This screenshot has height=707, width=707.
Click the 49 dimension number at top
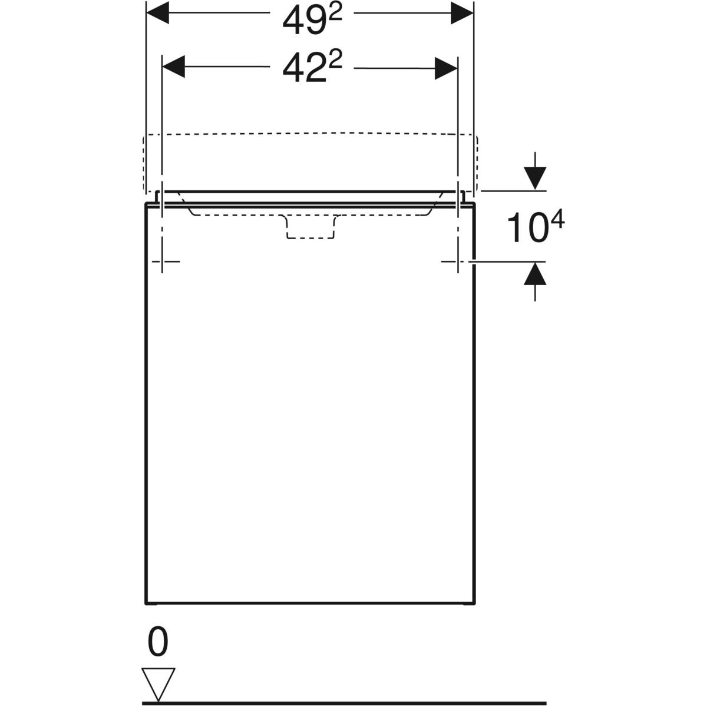coord(304,22)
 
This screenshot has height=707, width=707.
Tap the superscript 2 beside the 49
coord(335,15)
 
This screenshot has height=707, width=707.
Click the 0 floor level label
coord(158,642)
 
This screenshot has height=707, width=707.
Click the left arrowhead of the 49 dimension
coord(158,13)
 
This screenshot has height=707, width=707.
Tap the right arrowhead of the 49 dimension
coord(462,13)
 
